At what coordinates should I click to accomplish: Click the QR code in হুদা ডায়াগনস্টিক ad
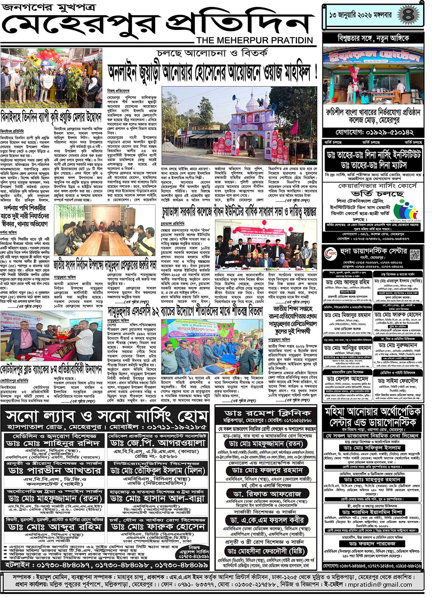[x=415, y=254]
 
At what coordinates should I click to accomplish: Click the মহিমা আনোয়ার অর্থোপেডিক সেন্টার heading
[x=373, y=417]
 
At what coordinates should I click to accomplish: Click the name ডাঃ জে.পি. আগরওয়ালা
[x=157, y=443]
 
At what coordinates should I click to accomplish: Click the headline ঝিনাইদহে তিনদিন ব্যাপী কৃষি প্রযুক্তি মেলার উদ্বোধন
[x=51, y=116]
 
